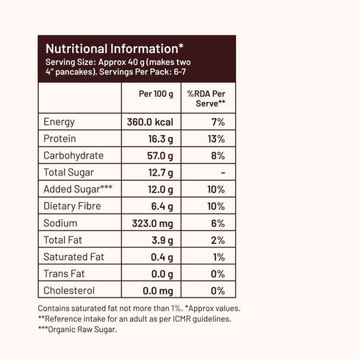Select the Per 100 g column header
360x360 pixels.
click(155, 95)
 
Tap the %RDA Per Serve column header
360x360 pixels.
click(206, 99)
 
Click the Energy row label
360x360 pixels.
click(60, 122)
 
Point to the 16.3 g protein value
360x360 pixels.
click(159, 139)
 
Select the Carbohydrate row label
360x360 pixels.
click(73, 156)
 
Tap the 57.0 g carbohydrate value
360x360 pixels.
click(159, 156)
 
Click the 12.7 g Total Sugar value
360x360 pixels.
click(159, 173)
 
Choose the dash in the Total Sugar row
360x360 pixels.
click(222, 173)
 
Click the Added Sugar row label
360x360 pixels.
click(78, 190)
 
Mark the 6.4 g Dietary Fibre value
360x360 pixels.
click(162, 206)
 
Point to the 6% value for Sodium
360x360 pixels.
click(217, 223)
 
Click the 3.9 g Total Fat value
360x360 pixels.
click(162, 240)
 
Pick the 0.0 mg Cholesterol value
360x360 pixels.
click(156, 291)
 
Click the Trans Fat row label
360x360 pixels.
click(64, 274)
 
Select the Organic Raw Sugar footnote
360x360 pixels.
click(79, 328)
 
